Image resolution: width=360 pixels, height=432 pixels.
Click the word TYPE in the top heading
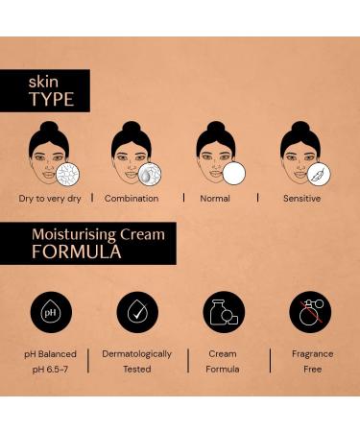tap(51, 98)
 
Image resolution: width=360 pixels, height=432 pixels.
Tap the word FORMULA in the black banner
tap(77, 252)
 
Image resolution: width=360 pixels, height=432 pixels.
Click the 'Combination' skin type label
tap(132, 199)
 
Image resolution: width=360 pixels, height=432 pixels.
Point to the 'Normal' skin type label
tap(215, 199)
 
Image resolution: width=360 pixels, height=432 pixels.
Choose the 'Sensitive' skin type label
tap(301, 199)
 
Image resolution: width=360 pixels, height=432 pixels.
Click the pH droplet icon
tap(51, 312)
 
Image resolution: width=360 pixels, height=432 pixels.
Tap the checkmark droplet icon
tap(137, 312)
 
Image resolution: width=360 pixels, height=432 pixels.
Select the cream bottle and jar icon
tap(224, 312)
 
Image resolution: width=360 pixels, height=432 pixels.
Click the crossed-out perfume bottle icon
tap(309, 312)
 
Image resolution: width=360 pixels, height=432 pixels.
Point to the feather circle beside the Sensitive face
tap(318, 174)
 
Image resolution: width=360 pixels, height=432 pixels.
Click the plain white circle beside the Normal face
tap(233, 174)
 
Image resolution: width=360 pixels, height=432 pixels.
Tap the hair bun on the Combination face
tap(131, 127)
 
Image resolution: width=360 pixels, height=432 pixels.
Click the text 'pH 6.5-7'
tap(51, 369)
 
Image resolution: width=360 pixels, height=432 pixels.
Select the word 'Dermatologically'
tap(137, 353)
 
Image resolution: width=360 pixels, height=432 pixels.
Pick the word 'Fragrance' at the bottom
tap(312, 353)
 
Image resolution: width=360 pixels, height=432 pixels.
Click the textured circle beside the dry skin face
tap(66, 174)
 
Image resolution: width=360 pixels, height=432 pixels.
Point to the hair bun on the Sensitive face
tap(300, 127)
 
